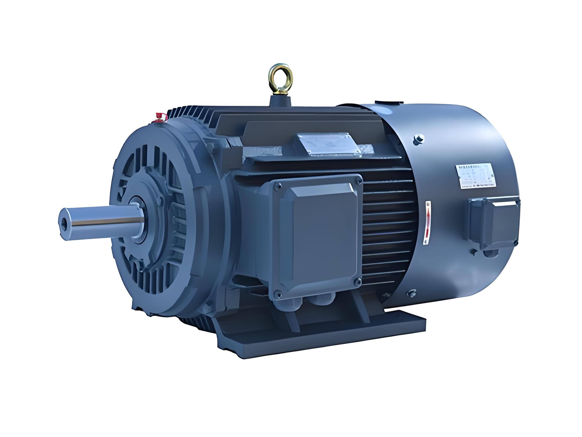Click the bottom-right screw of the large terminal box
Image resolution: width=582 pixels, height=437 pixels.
(x=357, y=281)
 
